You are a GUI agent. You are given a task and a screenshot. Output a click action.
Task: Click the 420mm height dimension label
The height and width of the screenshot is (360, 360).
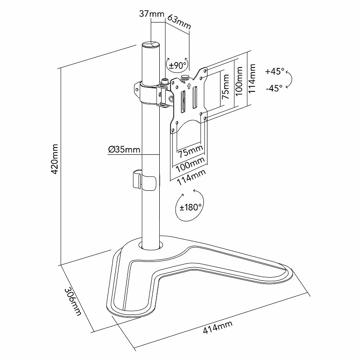(54, 159)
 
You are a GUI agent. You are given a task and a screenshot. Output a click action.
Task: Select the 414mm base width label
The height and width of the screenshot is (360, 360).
(217, 327)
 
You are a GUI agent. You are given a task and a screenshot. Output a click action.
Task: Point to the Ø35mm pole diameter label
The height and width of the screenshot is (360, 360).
(124, 150)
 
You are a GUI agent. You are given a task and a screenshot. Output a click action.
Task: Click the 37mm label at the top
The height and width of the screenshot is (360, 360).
(152, 14)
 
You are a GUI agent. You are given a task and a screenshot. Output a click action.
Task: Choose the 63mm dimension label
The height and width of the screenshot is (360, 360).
(178, 22)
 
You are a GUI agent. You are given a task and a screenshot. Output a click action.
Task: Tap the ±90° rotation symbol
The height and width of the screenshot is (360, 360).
(178, 65)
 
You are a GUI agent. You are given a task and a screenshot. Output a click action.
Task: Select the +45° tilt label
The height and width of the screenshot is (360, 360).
(274, 71)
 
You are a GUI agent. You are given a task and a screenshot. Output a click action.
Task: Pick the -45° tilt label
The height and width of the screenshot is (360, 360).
(274, 88)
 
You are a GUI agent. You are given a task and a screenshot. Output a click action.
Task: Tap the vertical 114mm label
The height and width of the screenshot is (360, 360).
(252, 78)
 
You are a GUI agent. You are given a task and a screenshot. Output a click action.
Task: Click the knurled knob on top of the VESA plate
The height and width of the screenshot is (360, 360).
(184, 77)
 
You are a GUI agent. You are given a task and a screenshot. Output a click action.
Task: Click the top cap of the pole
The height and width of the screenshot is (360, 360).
(151, 44)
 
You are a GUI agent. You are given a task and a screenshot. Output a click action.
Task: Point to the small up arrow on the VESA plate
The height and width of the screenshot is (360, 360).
(189, 86)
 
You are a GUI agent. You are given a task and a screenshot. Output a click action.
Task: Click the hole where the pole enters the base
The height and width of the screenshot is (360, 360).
(151, 245)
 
